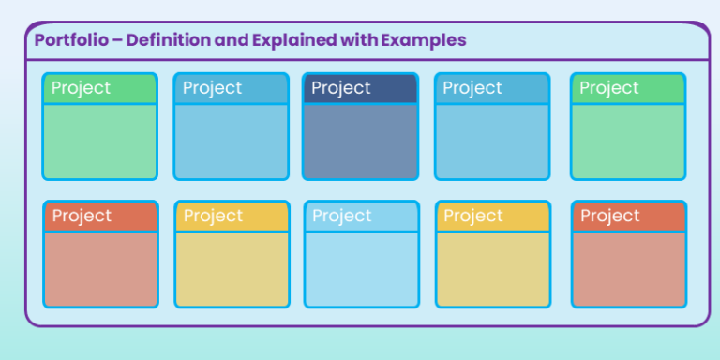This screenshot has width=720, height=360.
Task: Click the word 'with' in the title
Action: pos(362,40)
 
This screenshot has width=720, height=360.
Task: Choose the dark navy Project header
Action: pos(360,88)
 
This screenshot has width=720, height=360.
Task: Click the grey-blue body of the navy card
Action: pos(360,141)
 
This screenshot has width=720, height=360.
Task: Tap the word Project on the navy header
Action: pos(341,88)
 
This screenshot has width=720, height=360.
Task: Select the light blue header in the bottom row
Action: pos(361,217)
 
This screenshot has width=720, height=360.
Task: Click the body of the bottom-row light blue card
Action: pos(361,269)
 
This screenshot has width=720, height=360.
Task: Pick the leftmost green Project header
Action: pos(99,88)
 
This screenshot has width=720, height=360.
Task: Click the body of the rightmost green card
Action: pos(628,141)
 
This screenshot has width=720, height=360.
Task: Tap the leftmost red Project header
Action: pos(100,217)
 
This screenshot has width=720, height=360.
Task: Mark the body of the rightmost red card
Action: pos(629,269)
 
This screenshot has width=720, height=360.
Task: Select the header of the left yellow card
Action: pos(231,217)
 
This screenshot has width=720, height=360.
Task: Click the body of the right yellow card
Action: pos(492,269)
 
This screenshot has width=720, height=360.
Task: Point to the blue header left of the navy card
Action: pos(231,88)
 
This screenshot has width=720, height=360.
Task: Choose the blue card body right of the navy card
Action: pos(491,141)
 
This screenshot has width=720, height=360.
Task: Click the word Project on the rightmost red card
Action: pos(609,217)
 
